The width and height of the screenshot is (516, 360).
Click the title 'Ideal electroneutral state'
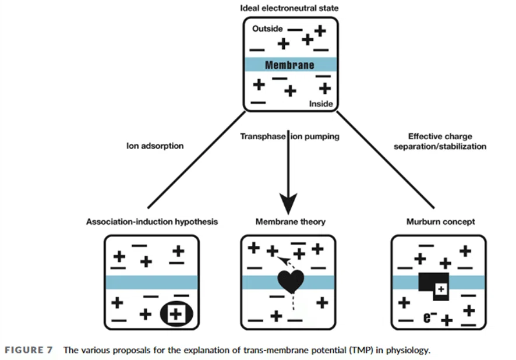[289, 8]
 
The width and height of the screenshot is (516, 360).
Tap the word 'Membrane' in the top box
[289, 65]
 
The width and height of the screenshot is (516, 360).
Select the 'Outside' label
[267, 29]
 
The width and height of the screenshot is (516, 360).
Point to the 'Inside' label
[321, 104]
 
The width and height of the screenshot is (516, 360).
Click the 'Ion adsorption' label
[155, 146]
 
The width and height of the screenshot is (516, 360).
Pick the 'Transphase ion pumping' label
[289, 136]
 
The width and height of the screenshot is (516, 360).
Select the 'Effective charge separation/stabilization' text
[440, 141]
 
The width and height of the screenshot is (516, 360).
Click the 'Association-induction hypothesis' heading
[152, 221]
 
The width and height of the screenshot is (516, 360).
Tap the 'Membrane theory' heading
[290, 221]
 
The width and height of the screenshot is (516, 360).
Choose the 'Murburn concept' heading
[441, 221]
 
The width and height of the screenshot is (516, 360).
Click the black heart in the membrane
[290, 280]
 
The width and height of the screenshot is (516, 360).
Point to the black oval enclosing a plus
[176, 314]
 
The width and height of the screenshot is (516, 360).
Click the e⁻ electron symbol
[430, 317]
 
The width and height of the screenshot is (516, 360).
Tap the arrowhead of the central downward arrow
[288, 203]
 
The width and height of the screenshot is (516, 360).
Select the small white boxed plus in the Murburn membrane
[441, 290]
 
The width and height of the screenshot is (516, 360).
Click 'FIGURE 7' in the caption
[29, 350]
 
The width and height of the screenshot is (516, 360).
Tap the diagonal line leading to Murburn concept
[386, 160]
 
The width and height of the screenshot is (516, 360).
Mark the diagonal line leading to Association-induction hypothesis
[196, 160]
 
